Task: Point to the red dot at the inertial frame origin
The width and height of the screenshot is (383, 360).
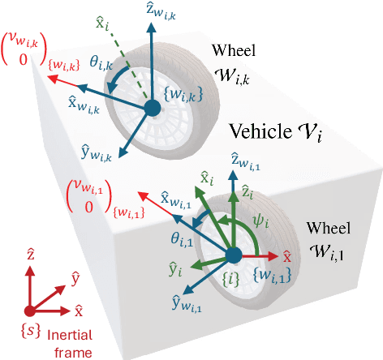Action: click(x=29, y=310)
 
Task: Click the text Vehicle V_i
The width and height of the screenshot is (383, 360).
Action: click(x=276, y=131)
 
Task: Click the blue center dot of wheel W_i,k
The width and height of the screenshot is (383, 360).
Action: click(x=151, y=108)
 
